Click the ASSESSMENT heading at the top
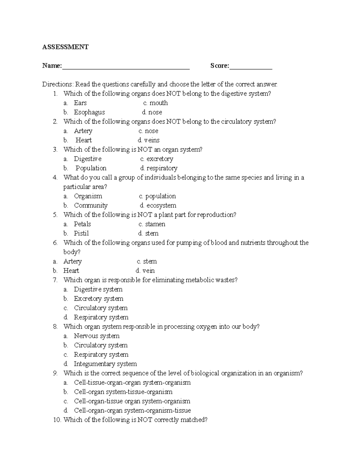[x=65, y=47]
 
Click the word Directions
[x=57, y=84]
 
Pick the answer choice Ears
[x=80, y=103]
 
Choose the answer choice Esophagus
[x=89, y=112]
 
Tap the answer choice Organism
[x=88, y=196]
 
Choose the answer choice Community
[x=91, y=206]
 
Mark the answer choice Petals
[x=82, y=224]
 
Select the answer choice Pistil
[x=81, y=233]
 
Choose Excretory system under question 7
[x=98, y=299]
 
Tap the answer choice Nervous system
[x=97, y=336]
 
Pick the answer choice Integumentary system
[x=105, y=364]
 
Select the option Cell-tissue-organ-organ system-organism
[x=132, y=383]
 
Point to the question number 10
[x=57, y=420]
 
